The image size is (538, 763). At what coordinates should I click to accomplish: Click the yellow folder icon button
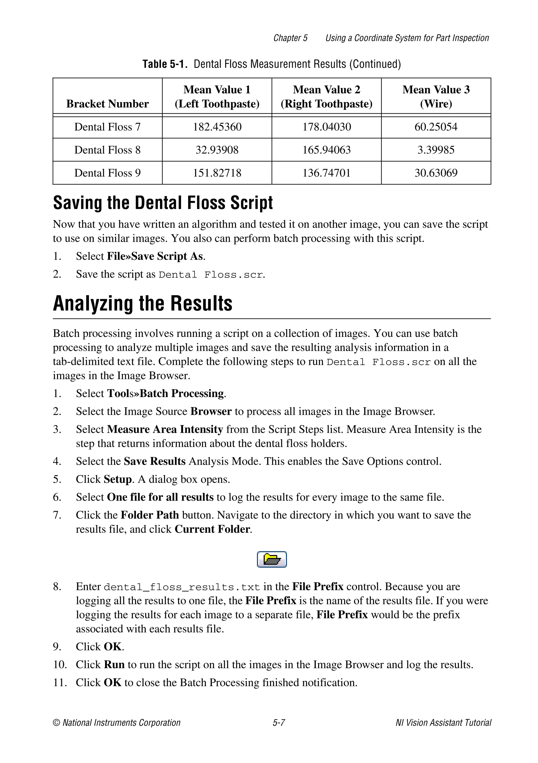(272, 559)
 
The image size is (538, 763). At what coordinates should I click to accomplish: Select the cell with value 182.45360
(217, 127)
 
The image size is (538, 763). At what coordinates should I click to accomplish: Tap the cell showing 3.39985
(436, 150)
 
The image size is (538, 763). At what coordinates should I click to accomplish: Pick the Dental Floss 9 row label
(107, 173)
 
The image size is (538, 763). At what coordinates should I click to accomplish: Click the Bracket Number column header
(107, 104)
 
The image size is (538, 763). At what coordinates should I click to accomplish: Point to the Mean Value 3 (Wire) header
(436, 96)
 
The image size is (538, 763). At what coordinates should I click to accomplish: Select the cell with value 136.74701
(326, 173)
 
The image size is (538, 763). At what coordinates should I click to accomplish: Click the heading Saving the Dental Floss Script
(163, 203)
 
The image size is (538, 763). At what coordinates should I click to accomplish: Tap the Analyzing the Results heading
(143, 304)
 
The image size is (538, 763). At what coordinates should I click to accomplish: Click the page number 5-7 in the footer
(279, 723)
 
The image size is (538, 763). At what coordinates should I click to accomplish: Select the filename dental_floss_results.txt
(182, 587)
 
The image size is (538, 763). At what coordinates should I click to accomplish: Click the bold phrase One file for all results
(160, 497)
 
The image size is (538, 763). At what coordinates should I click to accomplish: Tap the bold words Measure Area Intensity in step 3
(165, 429)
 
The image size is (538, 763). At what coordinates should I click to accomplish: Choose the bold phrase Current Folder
(213, 529)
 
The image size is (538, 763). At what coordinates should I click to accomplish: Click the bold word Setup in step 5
(118, 479)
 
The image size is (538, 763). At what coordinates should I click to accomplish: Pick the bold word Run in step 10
(114, 664)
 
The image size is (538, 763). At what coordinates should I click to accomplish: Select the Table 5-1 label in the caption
(165, 64)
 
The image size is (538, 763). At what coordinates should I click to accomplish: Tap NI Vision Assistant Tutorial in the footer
(443, 723)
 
